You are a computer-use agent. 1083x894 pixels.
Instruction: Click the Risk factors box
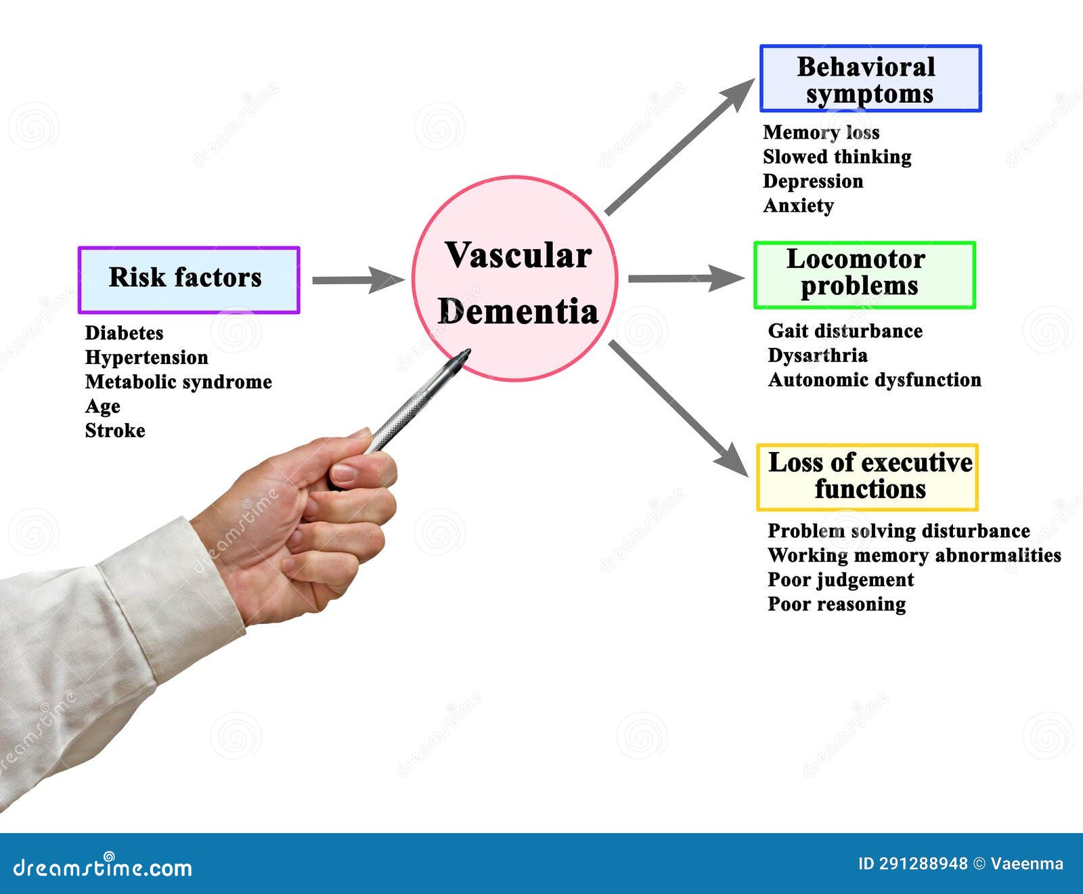coord(189,280)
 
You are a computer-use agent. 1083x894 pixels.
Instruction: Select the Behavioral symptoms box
coord(870,79)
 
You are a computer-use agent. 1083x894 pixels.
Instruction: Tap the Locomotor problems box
coord(864,275)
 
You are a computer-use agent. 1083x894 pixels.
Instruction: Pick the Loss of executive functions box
coord(867,476)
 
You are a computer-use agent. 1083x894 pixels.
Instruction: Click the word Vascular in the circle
coord(518,256)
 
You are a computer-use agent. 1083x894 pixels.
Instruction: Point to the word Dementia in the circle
coord(518,312)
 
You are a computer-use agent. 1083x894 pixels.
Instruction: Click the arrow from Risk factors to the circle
coord(357,280)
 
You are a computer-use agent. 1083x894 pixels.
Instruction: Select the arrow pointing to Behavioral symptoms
coord(678,147)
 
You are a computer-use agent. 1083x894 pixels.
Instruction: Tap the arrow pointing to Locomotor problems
coord(685,278)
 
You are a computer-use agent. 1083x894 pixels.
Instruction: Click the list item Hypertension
coord(146,357)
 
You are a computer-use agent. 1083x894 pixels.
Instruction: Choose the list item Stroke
coord(115,430)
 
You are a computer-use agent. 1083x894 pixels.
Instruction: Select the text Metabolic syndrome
coord(178,382)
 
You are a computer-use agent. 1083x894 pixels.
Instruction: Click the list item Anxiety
coord(798,206)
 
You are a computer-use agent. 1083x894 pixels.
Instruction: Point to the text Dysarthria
coord(817,355)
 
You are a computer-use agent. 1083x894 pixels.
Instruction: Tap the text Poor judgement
coord(840,580)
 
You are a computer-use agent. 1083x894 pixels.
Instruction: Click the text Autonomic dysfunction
coord(874,380)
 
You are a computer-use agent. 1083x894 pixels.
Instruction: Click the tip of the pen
coord(466,353)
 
